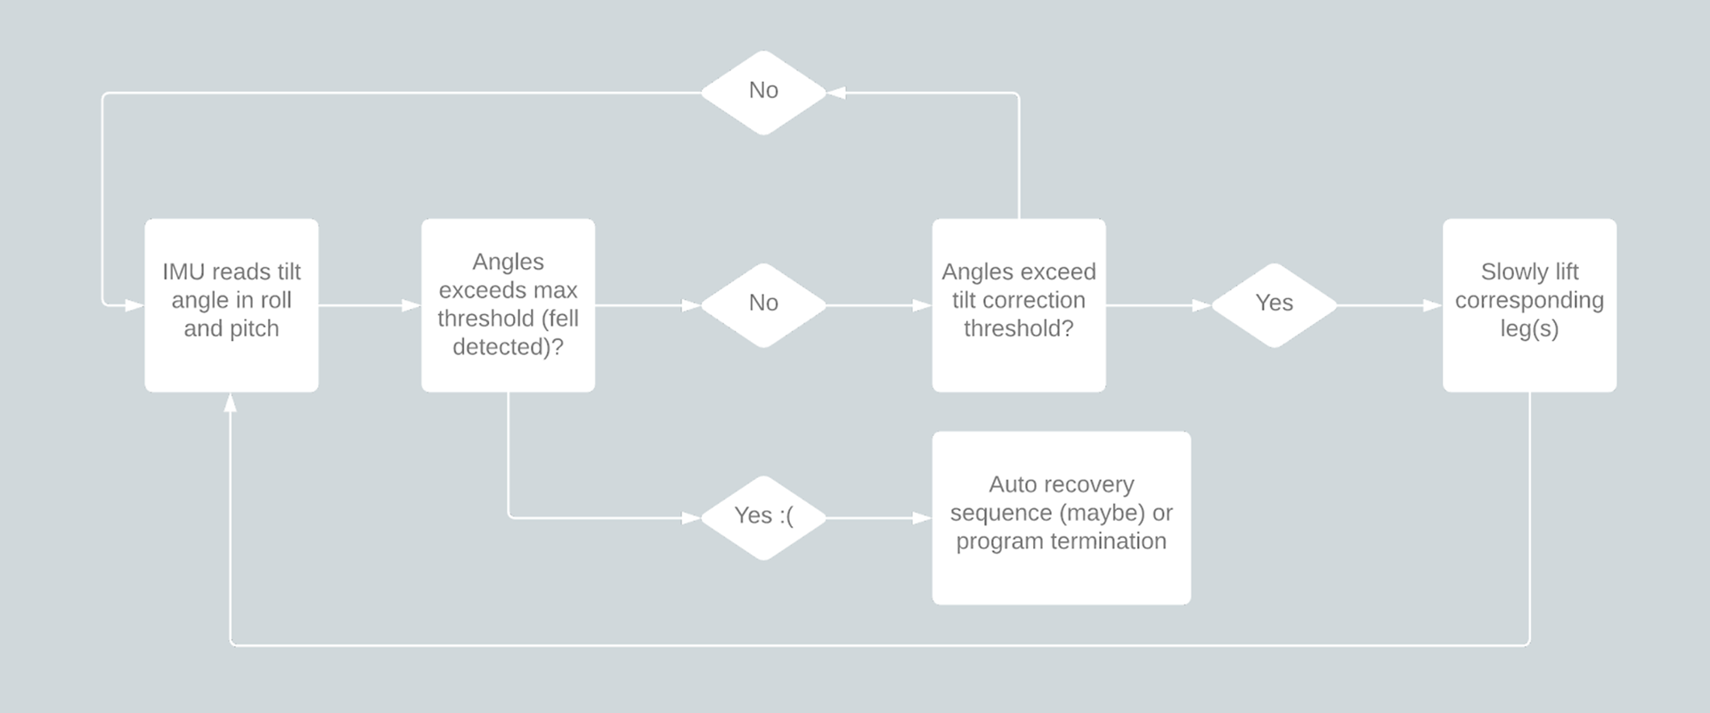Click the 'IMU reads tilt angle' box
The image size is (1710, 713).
point(232,305)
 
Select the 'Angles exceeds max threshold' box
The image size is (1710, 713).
point(508,305)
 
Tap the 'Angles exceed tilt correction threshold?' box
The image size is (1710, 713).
point(1019,305)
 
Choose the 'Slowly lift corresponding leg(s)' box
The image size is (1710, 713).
point(1529,305)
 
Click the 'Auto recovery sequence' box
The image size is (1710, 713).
point(1062,518)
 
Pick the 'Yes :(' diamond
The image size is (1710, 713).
point(764,518)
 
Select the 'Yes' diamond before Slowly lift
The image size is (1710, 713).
point(1274,305)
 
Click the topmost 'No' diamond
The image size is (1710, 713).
point(764,93)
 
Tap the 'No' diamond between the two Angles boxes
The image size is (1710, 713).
point(764,305)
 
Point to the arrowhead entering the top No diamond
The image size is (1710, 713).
point(836,93)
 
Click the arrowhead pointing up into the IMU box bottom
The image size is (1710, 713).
point(231,402)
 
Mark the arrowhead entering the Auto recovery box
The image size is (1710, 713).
point(923,518)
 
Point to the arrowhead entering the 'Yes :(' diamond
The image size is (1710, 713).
point(692,518)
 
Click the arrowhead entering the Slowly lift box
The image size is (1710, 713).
point(1433,305)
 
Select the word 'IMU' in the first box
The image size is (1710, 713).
point(183,271)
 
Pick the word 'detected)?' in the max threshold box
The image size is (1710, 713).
point(508,347)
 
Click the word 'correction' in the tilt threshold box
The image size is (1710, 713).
point(1033,300)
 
